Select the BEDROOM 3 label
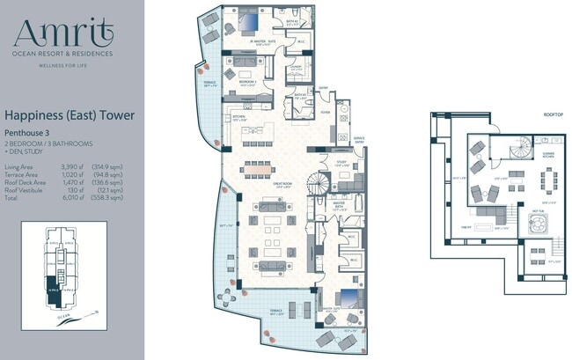click(247, 81)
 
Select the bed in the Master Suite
click(345, 298)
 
